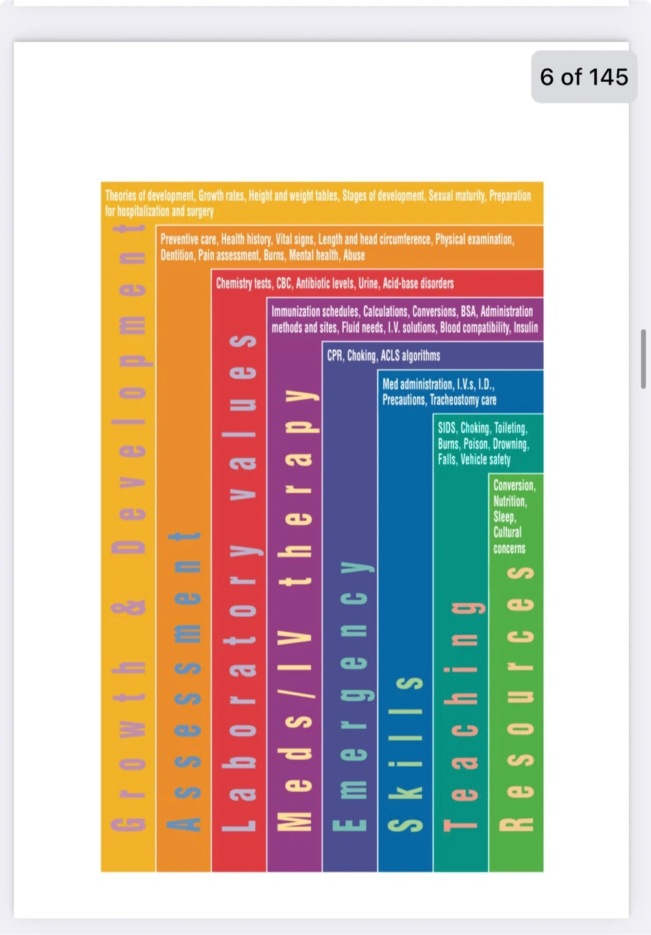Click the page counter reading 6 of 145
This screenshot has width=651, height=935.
click(x=584, y=77)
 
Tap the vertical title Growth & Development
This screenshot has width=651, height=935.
click(x=129, y=526)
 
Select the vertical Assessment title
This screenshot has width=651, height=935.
click(x=184, y=682)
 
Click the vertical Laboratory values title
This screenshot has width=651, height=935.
click(x=239, y=584)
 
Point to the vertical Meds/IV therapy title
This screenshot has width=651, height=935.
click(x=294, y=610)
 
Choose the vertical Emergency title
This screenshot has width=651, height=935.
click(x=350, y=695)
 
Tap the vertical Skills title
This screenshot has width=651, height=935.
click(x=405, y=753)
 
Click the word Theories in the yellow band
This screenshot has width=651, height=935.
click(x=120, y=195)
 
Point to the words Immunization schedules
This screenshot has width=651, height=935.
click(x=314, y=312)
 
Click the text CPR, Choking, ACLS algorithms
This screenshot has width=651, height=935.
click(x=383, y=356)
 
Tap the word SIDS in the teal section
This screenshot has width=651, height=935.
click(x=446, y=429)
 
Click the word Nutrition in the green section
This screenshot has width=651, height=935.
click(x=509, y=501)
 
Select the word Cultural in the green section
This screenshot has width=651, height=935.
click(x=507, y=532)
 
